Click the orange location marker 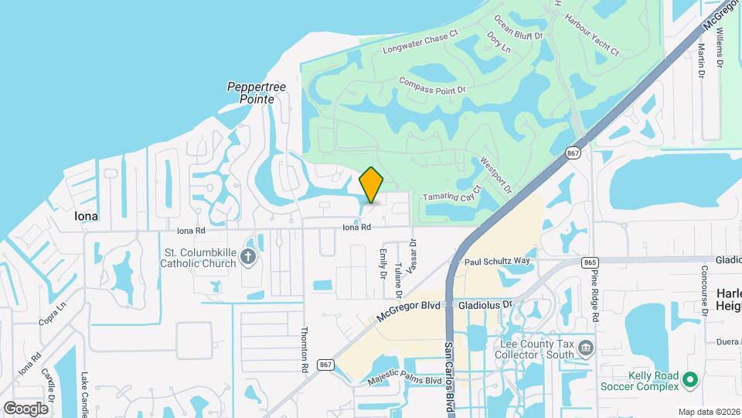tap(372, 184)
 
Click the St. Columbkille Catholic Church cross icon tap(248, 257)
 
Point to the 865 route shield tap(591, 262)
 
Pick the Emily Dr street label tap(383, 263)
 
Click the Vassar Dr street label tap(413, 255)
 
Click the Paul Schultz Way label tap(498, 262)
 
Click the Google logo tap(26, 408)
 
